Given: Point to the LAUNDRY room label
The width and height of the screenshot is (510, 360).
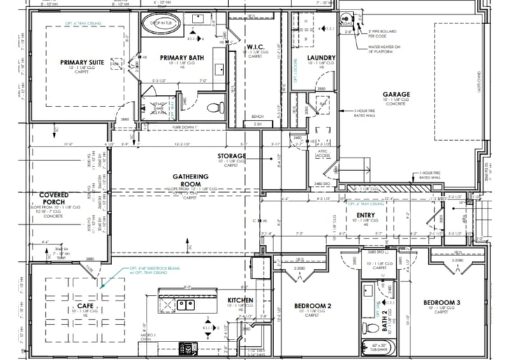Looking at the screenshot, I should (321, 58).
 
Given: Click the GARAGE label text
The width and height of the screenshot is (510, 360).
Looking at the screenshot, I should (397, 94).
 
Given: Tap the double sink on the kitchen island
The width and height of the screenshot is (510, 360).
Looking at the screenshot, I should (186, 305).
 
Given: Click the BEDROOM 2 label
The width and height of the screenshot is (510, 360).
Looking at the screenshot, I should (312, 306).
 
